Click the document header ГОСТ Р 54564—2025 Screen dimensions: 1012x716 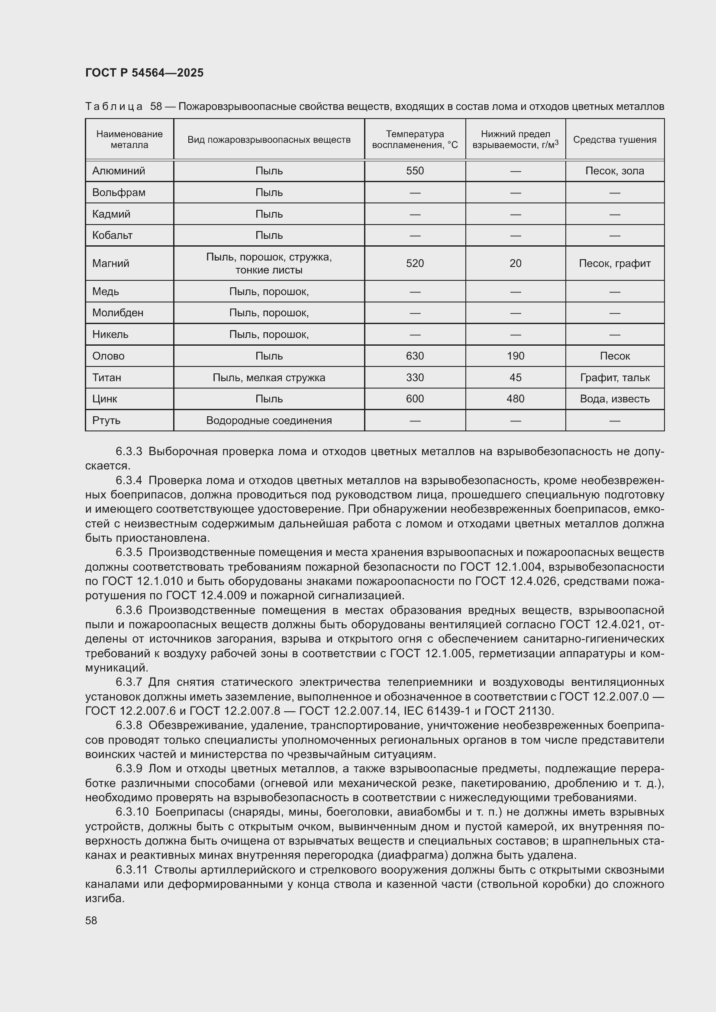coord(144,73)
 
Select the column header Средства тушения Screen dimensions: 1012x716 coord(615,140)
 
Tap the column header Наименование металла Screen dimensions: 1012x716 coord(129,139)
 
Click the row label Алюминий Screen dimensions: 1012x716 coord(119,171)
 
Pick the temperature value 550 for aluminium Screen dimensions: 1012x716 coord(415,171)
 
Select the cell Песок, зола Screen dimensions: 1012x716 coord(615,171)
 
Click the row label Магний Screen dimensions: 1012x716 coord(111,263)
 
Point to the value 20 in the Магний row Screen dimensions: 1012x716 coord(516,263)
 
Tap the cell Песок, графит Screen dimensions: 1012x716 coord(615,263)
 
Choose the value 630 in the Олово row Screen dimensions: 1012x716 coord(415,356)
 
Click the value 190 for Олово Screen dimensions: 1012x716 coord(516,356)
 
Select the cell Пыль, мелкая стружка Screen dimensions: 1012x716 coord(269,378)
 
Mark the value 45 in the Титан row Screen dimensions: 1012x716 coord(516,378)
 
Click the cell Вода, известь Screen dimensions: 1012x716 coord(615,399)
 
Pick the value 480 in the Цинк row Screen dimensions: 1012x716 coord(516,399)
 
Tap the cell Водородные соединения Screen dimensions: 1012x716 coord(269,421)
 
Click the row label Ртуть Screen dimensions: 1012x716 coord(106,421)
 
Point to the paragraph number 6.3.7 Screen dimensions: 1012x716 coord(129,682)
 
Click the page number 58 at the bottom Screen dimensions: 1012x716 coord(91,921)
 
